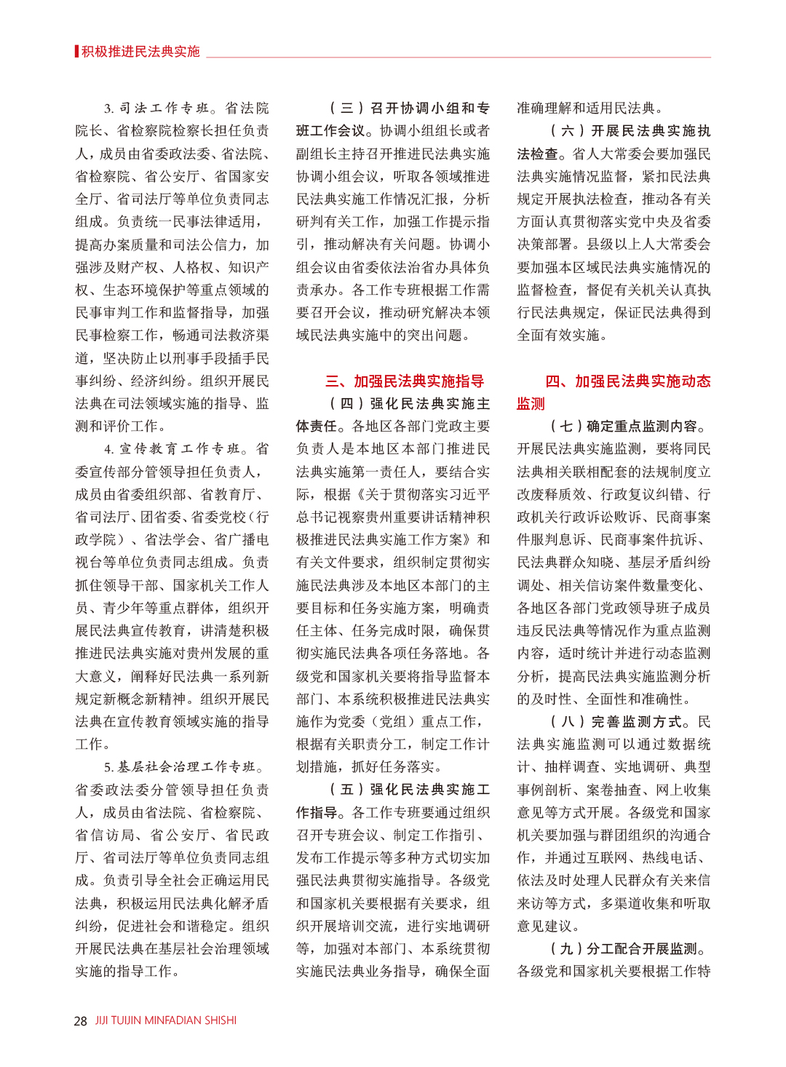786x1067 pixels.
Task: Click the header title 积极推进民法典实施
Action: pyautogui.click(x=140, y=52)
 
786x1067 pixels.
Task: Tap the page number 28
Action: pyautogui.click(x=80, y=1020)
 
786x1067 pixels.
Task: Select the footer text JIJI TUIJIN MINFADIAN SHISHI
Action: pyautogui.click(x=166, y=1020)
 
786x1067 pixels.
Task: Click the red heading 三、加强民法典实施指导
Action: pyautogui.click(x=405, y=381)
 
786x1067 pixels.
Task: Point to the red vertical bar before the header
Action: pyautogui.click(x=76, y=52)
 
